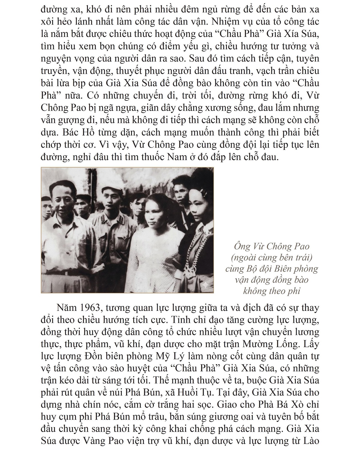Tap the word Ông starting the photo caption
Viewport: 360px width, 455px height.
coord(240,247)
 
